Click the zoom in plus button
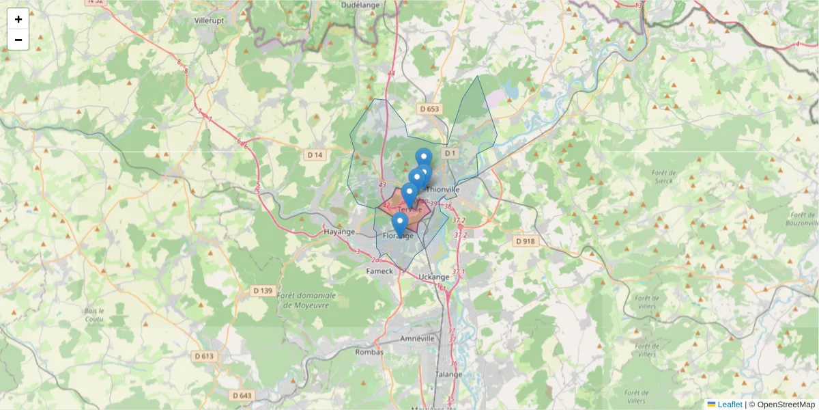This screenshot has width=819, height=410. pyautogui.click(x=18, y=19)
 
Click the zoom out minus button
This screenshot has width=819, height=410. pyautogui.click(x=18, y=40)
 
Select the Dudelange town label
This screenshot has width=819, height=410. pyautogui.click(x=361, y=5)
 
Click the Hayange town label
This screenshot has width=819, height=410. pyautogui.click(x=339, y=232)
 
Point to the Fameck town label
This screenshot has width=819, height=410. pyautogui.click(x=380, y=271)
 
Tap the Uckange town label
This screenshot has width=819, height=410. pyautogui.click(x=434, y=277)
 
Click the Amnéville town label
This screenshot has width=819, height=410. pyautogui.click(x=418, y=338)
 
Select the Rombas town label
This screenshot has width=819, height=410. pyautogui.click(x=370, y=352)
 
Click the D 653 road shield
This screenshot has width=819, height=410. pyautogui.click(x=430, y=109)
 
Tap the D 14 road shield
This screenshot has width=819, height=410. pyautogui.click(x=315, y=155)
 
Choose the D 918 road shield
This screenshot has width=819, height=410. pyautogui.click(x=525, y=241)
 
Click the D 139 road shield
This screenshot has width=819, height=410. pyautogui.click(x=263, y=290)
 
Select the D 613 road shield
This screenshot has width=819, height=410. pyautogui.click(x=204, y=356)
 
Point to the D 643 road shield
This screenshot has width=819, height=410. pyautogui.click(x=242, y=395)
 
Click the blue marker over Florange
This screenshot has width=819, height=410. pyautogui.click(x=399, y=223)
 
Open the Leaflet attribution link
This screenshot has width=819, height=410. pyautogui.click(x=729, y=405)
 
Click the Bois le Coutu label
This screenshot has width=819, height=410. pyautogui.click(x=93, y=314)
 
